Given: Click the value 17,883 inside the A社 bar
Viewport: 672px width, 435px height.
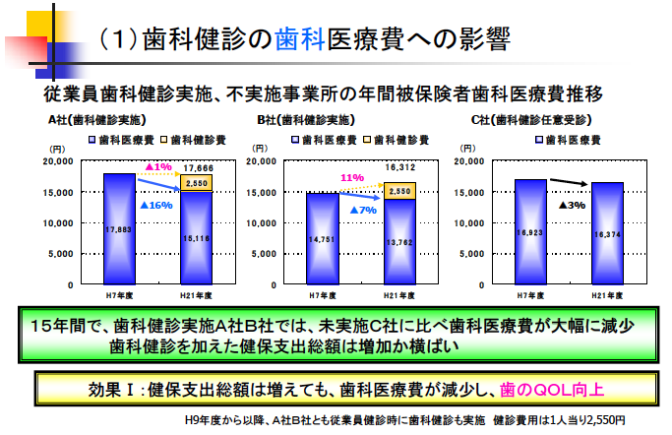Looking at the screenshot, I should (118, 229).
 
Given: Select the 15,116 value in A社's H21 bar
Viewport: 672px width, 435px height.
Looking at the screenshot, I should (196, 237).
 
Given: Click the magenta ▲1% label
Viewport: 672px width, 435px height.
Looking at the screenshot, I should (157, 166).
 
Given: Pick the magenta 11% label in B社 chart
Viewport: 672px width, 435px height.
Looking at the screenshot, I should (352, 178).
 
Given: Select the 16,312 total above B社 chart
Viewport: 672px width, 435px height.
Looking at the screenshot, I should (399, 167).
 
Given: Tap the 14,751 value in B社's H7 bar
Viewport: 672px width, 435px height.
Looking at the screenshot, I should (323, 238).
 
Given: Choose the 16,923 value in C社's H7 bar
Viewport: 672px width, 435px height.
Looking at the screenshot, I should (529, 232).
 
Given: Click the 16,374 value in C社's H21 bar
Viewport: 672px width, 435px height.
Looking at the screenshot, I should (607, 234).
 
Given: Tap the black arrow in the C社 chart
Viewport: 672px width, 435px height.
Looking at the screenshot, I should (568, 182).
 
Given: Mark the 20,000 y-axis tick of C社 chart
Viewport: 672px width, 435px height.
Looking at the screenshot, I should (473, 160).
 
